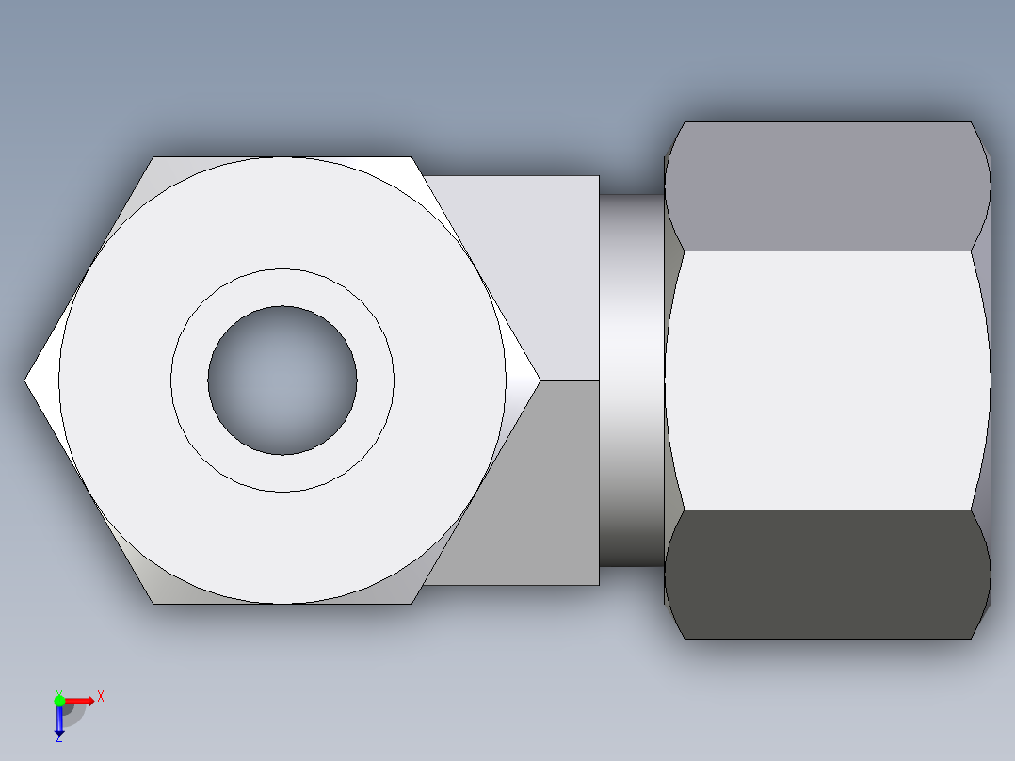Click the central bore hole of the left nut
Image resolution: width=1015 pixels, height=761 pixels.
click(282, 380)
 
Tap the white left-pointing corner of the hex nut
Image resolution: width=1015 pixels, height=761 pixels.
click(42, 380)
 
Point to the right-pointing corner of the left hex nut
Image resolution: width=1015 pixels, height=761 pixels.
click(522, 380)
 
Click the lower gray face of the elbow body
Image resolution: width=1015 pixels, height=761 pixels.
click(546, 490)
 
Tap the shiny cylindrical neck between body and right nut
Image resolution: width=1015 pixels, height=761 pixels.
click(632, 380)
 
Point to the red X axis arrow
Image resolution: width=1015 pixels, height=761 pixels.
click(81, 700)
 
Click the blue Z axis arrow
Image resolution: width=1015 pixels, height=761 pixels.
click(59, 721)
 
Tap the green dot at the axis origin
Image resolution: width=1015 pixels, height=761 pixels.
click(59, 700)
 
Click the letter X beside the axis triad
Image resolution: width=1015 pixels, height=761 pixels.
click(101, 697)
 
